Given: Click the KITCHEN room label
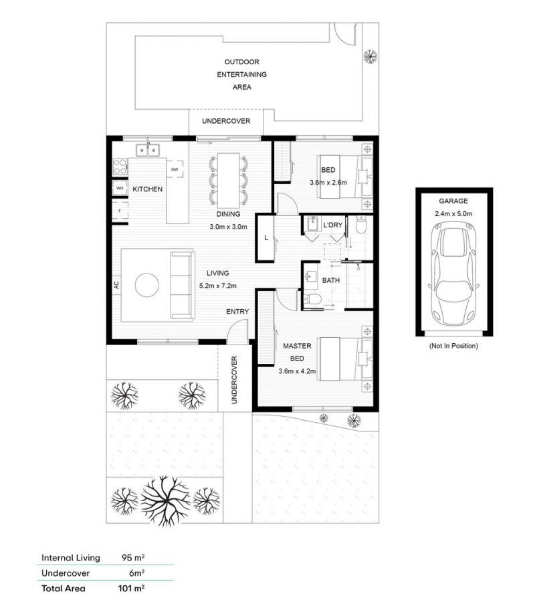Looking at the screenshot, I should point(147,189).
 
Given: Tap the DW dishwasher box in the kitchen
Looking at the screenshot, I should point(175,170).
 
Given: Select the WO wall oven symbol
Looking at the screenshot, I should point(120,189).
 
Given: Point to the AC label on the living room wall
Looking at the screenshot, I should point(116,284).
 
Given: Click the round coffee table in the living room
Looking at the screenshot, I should point(147,285).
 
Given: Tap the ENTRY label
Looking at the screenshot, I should point(237,312).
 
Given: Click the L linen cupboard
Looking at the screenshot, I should point(267,237).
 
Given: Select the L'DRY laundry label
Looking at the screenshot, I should point(332,225).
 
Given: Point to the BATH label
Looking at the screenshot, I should point(331,281).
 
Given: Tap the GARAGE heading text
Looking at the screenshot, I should point(453,201).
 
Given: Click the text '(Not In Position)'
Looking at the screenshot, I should point(453,346).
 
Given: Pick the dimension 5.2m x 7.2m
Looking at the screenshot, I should point(218,286).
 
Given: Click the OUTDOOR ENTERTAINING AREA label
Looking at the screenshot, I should point(241,74).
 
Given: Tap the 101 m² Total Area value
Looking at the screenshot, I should point(131,589).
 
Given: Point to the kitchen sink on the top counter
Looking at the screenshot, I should point(147,150).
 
